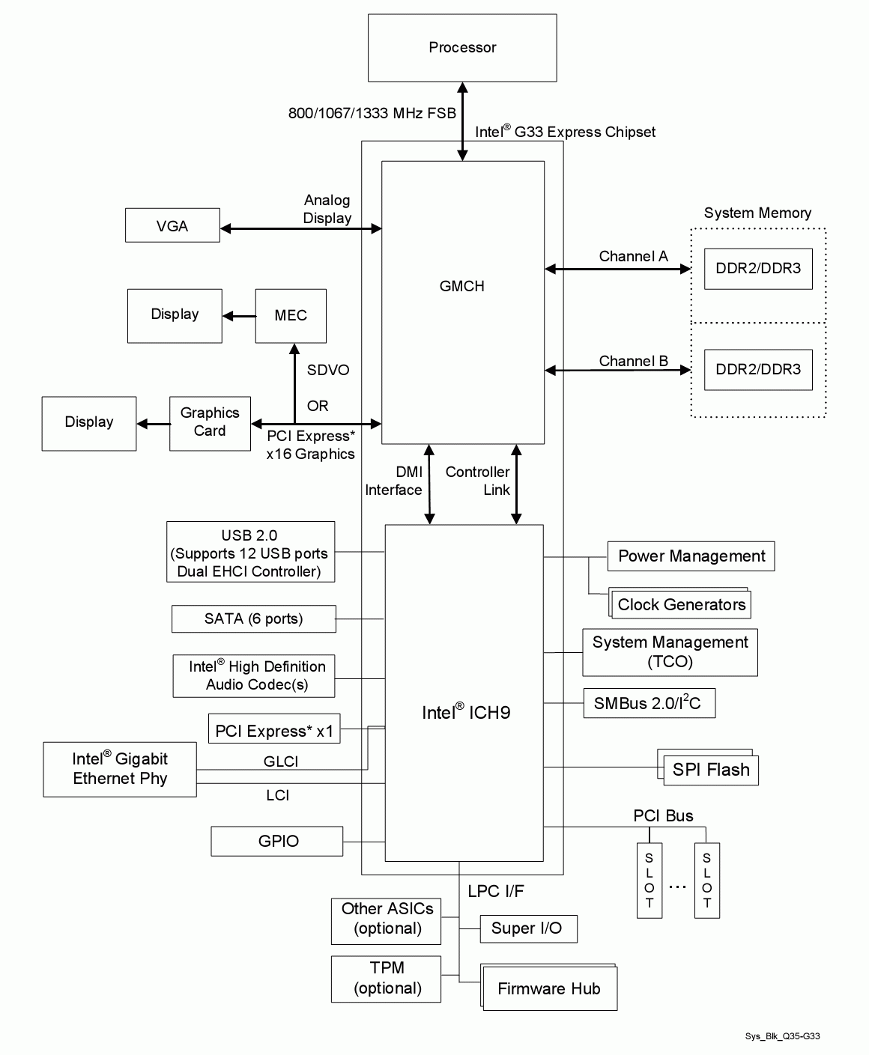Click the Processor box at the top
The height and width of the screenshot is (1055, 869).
coord(462,48)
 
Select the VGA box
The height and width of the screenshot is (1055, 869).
coord(172,226)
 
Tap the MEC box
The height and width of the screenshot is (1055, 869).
coord(291,315)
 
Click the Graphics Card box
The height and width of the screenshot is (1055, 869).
coord(210,423)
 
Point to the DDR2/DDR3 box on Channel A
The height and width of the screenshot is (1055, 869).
coord(758,269)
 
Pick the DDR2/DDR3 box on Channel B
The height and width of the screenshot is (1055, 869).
coord(758,369)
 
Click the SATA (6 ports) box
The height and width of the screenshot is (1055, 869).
coord(253,619)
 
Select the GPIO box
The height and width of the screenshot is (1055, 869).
coord(277,842)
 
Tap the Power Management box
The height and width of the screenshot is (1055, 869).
coord(691,556)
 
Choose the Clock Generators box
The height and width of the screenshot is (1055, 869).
coord(682,605)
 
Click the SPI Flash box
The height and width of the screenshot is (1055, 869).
coord(710,770)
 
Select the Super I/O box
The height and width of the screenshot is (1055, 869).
coord(527,928)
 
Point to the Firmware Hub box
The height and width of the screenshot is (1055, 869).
coord(549,989)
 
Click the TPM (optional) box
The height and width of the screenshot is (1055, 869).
coord(386,979)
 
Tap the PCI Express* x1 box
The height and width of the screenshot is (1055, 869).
coord(274,731)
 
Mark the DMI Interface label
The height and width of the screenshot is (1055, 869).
coord(394,481)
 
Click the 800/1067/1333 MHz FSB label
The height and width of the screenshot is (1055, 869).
coord(372,113)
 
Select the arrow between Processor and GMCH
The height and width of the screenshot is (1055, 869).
coord(462,121)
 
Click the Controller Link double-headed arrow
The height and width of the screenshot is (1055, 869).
coord(516,484)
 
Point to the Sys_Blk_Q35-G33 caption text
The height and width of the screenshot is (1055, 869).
coord(782,1036)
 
